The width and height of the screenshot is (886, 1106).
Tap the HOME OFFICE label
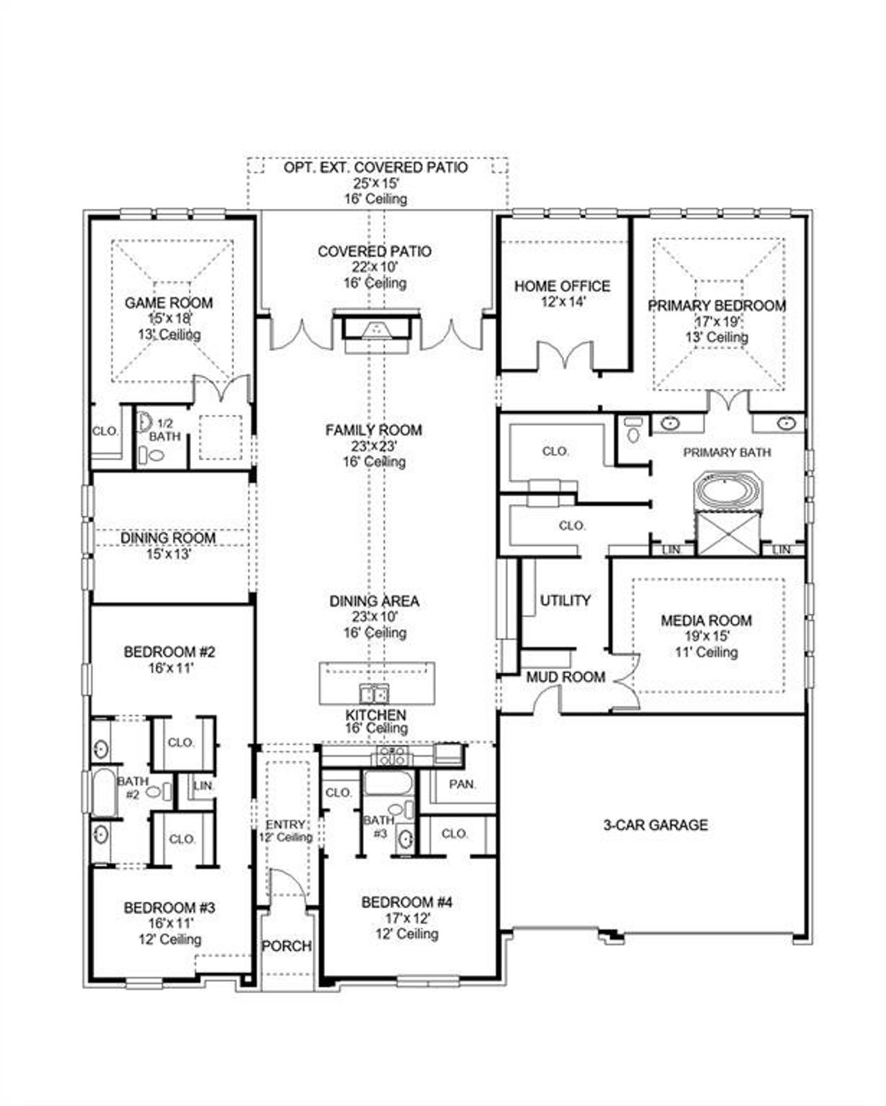(x=562, y=286)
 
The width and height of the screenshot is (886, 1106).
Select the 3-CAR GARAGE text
(x=655, y=825)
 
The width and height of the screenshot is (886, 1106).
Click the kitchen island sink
(x=374, y=693)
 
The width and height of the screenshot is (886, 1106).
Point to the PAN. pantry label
(x=462, y=785)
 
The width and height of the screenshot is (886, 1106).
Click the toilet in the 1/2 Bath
(x=156, y=455)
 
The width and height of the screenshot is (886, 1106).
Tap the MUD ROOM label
(x=566, y=678)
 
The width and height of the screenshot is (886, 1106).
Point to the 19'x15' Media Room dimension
(x=705, y=636)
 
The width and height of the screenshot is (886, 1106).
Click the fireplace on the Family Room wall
(x=377, y=329)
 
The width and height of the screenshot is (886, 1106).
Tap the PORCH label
(x=286, y=946)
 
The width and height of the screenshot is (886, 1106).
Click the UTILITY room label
(x=566, y=601)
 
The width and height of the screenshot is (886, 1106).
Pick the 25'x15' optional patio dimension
(x=374, y=183)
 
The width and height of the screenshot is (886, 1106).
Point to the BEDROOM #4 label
(x=406, y=903)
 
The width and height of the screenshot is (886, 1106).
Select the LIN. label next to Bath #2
(x=203, y=786)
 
